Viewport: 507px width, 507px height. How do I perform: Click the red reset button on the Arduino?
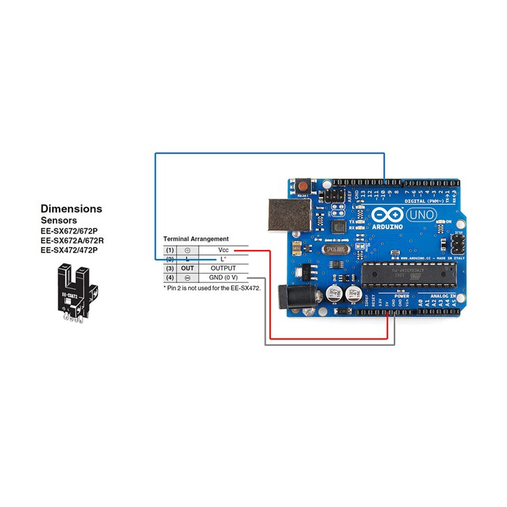(304, 186)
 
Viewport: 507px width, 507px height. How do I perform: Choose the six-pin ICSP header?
(457, 244)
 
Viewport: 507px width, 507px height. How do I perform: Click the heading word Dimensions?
(71, 208)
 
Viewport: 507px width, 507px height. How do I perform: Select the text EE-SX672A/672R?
(76, 240)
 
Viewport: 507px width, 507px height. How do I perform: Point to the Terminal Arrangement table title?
(196, 239)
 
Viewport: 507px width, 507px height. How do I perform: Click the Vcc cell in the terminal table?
(223, 249)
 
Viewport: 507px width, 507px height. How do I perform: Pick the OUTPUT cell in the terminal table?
(223, 267)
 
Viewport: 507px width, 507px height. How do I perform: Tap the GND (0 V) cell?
(223, 277)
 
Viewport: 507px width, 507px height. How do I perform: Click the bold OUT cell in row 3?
(188, 267)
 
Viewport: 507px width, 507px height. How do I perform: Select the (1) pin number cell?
(170, 249)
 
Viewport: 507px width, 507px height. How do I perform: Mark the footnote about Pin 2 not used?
(212, 286)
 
